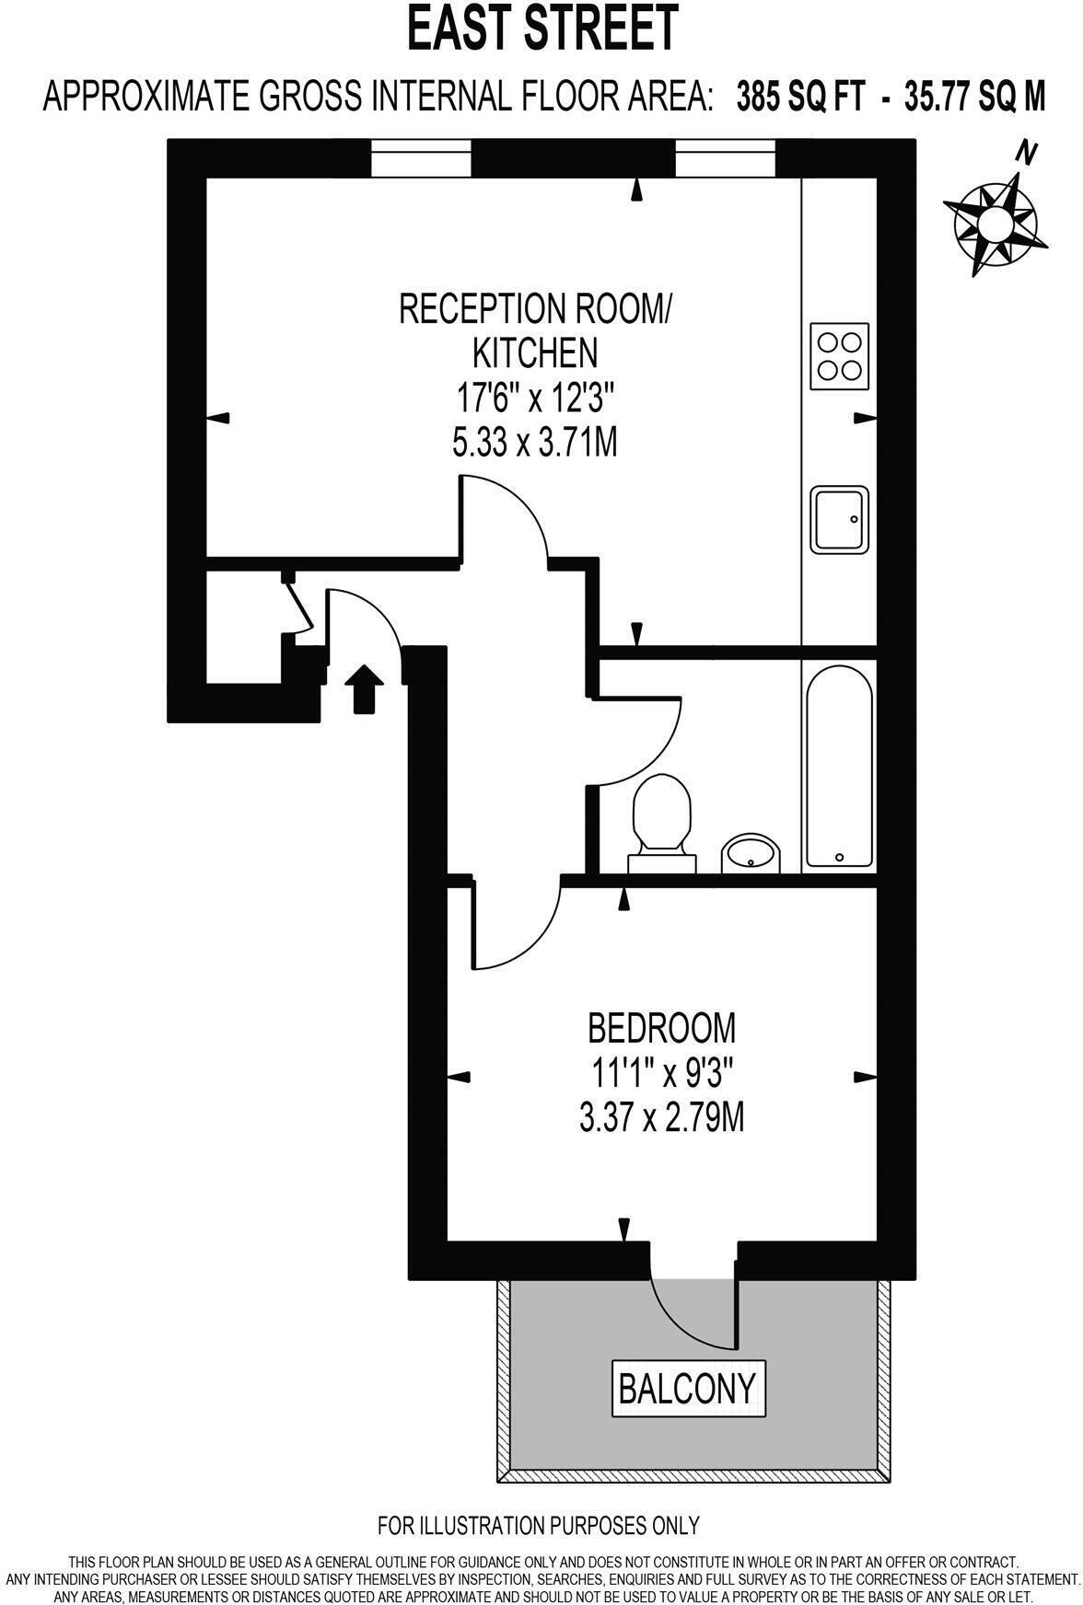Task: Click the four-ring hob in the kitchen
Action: [x=839, y=355]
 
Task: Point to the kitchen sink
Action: [x=839, y=520]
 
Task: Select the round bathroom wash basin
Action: [x=751, y=853]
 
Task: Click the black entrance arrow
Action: [x=364, y=688]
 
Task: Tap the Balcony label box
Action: [x=688, y=1387]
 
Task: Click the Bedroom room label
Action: [x=661, y=1026]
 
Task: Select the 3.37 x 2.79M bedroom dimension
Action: [x=661, y=1118]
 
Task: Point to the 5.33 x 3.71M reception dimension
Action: [x=534, y=445]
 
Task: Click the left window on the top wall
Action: [x=422, y=158]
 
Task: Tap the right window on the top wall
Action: [x=725, y=158]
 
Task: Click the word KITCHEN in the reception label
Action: [x=534, y=352]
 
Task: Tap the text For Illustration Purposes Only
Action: [x=539, y=1525]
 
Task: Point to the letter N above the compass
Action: [x=1026, y=154]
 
